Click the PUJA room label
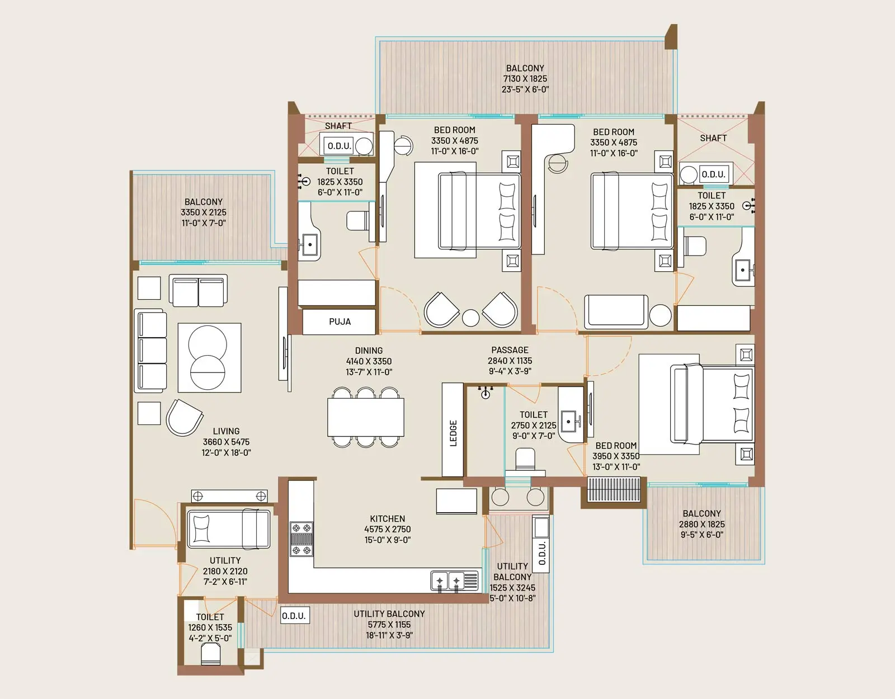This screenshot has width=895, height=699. [x=340, y=322]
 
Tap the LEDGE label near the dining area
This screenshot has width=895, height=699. [x=453, y=433]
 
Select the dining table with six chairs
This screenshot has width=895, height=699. [x=366, y=417]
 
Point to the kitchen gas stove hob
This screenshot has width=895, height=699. [x=302, y=539]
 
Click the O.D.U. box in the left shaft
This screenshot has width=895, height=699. [x=339, y=146]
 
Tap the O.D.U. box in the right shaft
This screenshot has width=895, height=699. [x=713, y=174]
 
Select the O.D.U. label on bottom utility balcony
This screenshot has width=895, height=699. [x=294, y=616]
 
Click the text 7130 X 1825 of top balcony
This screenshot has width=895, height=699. [x=525, y=79]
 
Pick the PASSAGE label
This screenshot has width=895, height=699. [x=510, y=350]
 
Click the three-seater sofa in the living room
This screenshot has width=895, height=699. [x=150, y=350]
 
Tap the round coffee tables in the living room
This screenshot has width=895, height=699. [x=208, y=357]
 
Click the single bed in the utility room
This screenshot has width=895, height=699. [x=229, y=528]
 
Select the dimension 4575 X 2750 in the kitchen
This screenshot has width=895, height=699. [x=388, y=529]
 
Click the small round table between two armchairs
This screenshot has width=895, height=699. [x=471, y=318]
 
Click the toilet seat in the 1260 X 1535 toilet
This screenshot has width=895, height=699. [x=210, y=654]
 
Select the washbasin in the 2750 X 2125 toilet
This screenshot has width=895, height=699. [x=570, y=422]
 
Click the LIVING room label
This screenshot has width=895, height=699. [x=226, y=431]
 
